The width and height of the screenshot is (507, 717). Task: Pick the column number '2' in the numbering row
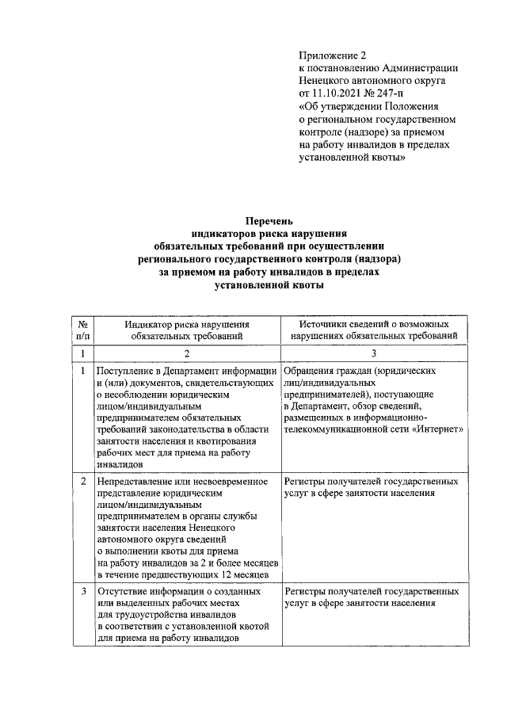tap(186, 353)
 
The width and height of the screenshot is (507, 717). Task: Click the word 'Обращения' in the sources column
tap(308, 370)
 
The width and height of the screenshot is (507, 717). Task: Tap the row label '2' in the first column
tap(82, 481)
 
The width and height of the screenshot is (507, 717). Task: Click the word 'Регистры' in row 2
tap(304, 481)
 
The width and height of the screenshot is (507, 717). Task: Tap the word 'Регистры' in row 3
tap(304, 591)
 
